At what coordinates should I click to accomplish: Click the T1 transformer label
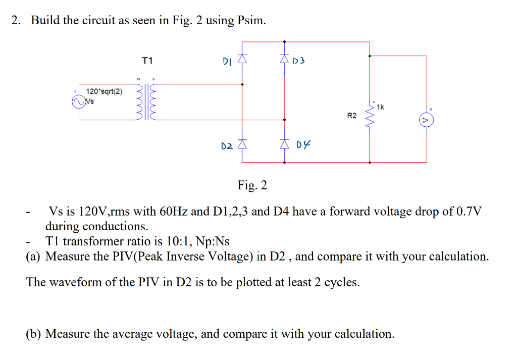(147, 61)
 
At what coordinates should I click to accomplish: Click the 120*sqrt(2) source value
(104, 91)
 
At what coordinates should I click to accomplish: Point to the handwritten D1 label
(227, 62)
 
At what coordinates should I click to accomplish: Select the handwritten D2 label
(227, 146)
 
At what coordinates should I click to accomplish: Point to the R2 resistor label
(352, 116)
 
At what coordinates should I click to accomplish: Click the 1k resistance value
(380, 107)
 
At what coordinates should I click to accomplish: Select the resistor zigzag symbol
(371, 116)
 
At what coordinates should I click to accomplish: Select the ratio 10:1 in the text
(168, 241)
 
